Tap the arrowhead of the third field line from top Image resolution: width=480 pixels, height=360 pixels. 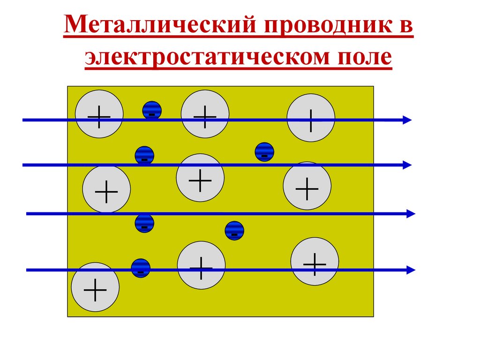point(411,214)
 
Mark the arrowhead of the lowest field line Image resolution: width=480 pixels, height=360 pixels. point(411,270)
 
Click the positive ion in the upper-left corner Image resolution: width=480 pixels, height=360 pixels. point(99,114)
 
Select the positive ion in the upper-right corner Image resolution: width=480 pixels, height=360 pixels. point(311,118)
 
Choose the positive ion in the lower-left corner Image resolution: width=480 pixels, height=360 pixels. point(95,287)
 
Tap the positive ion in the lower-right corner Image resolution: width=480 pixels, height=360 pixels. point(315,261)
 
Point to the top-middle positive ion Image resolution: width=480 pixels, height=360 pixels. point(205,114)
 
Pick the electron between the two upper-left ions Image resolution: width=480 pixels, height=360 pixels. point(152,110)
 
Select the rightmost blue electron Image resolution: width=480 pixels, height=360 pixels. point(264,152)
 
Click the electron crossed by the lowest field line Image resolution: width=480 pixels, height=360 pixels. point(141,268)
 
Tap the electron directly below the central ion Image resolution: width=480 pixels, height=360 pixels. point(234,231)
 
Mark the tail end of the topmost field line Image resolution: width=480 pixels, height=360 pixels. point(24,120)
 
